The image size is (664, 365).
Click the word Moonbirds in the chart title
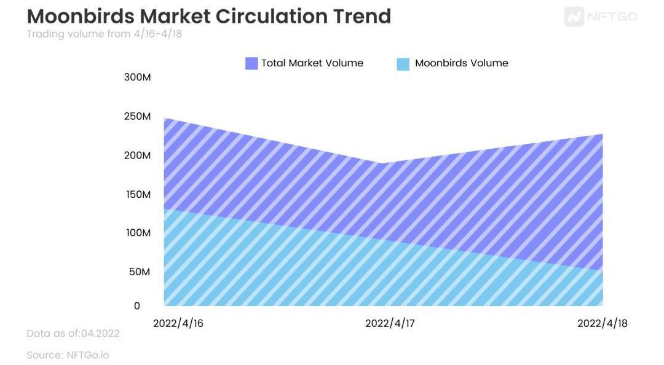tap(80, 16)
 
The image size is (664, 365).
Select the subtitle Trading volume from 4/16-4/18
tap(104, 34)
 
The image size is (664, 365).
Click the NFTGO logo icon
tap(574, 17)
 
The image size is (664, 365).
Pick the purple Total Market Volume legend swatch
tap(251, 63)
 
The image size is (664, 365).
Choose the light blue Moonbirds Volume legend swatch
tap(403, 63)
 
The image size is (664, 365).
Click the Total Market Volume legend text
tap(312, 63)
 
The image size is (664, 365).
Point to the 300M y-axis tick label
tap(137, 77)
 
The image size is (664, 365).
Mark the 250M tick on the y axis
tap(137, 116)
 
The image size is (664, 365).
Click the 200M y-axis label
tap(137, 155)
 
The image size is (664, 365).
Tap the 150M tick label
tap(137, 194)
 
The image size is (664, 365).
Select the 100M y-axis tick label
tap(137, 233)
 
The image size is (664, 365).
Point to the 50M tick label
tap(139, 272)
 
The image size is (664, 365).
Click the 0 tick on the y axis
tap(137, 306)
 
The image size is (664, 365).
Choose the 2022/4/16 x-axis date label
tap(178, 323)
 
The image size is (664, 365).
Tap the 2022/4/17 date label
tap(390, 323)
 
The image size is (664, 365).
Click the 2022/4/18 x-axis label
tap(602, 323)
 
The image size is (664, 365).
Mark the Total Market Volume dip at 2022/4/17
tap(383, 163)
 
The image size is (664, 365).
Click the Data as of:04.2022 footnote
tap(73, 334)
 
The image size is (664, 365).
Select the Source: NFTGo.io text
tap(68, 355)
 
